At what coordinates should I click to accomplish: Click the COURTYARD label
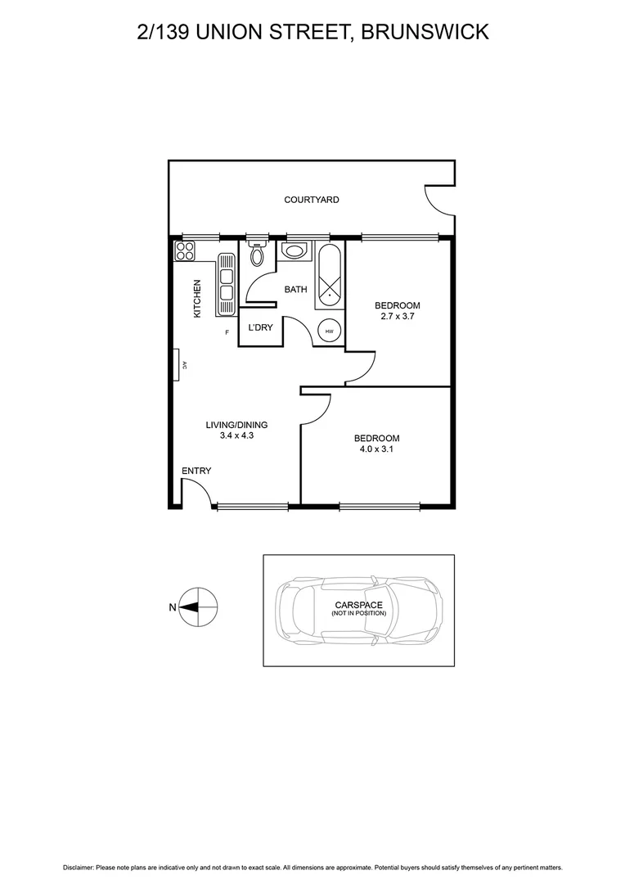(x=311, y=200)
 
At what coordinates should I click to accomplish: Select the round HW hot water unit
(x=330, y=331)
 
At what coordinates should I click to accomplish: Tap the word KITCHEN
(x=196, y=299)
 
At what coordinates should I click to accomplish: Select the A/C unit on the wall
(x=177, y=365)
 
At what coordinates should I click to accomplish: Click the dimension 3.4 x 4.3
(x=237, y=436)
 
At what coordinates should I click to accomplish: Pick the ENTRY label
(x=196, y=471)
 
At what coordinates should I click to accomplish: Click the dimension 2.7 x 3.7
(x=398, y=316)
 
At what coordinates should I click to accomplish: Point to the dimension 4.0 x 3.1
(x=376, y=449)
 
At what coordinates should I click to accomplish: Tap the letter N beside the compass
(x=172, y=607)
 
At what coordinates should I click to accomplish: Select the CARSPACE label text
(x=358, y=605)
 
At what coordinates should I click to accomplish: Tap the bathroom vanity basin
(x=294, y=250)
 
